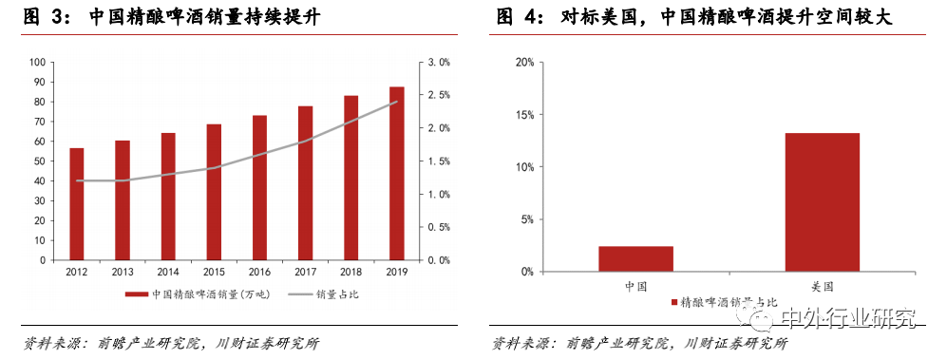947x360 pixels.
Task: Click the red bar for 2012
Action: point(77,203)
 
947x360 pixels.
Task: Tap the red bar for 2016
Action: point(259,187)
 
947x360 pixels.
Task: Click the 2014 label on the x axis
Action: point(168,271)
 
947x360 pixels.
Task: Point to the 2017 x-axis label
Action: point(306,271)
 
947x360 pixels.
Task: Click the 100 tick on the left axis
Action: point(38,62)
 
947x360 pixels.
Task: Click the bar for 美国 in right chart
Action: point(823,202)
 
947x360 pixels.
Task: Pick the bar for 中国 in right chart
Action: point(635,259)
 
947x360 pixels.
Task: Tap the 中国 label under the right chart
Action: point(635,284)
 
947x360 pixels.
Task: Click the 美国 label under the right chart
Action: point(823,284)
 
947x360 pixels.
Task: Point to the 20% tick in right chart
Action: point(523,62)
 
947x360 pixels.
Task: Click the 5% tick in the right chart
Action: point(526,219)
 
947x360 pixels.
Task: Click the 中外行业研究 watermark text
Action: point(845,317)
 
